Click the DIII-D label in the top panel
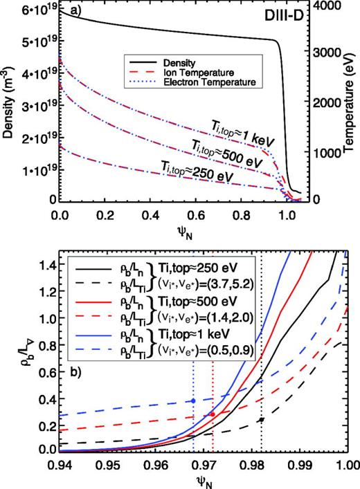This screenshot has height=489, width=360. coord(284,16)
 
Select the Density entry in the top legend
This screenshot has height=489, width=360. coord(179,63)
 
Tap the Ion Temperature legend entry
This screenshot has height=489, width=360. coord(199,73)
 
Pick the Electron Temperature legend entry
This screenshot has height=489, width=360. coord(209,82)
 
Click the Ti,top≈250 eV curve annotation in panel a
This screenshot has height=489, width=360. coord(197,172)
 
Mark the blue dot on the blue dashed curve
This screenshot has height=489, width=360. coord(193,400)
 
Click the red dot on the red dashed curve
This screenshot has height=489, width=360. coord(213,414)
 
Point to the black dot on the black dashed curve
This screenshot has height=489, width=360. coord(262,419)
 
